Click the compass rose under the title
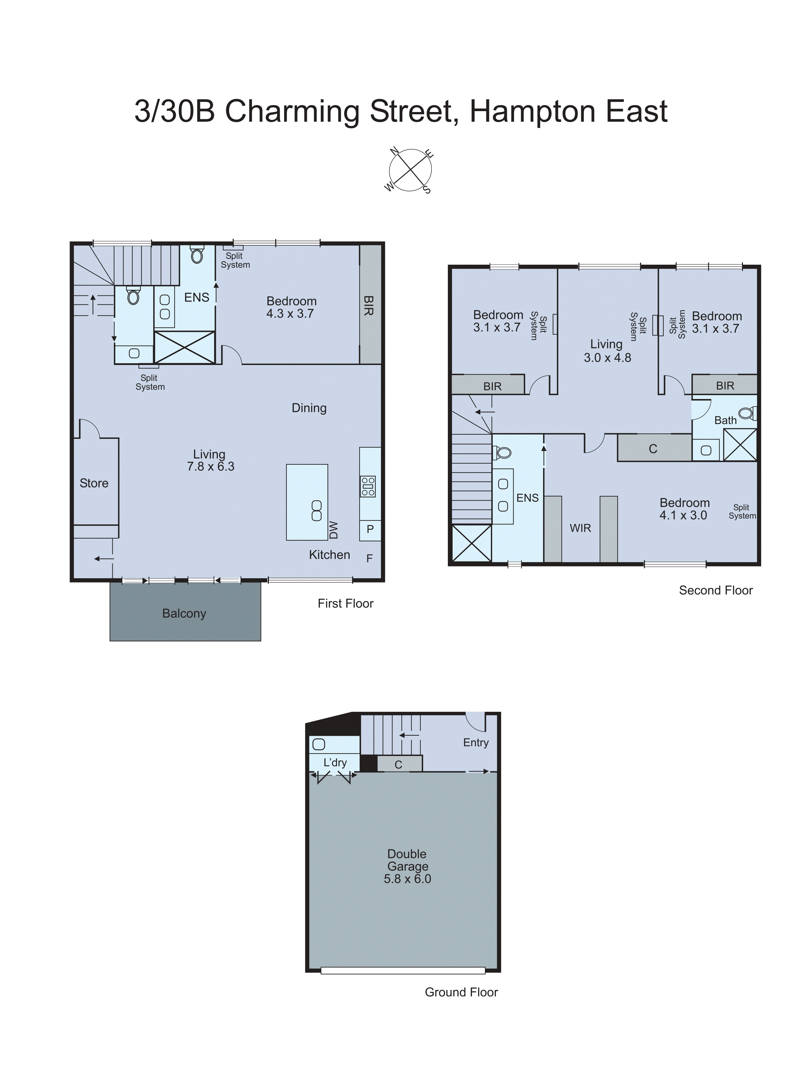pos(410,170)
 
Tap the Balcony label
pos(184,613)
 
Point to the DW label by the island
pos(334,530)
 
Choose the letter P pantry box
pos(370,529)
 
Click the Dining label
pos(309,408)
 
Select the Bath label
pos(725,420)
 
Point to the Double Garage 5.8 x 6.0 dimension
pos(407,879)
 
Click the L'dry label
pos(335,763)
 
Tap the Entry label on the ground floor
pos(476,742)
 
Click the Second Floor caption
pos(715,590)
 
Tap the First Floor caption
pos(345,603)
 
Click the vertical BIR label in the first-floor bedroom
pos(369,306)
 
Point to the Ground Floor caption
pos(461,992)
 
